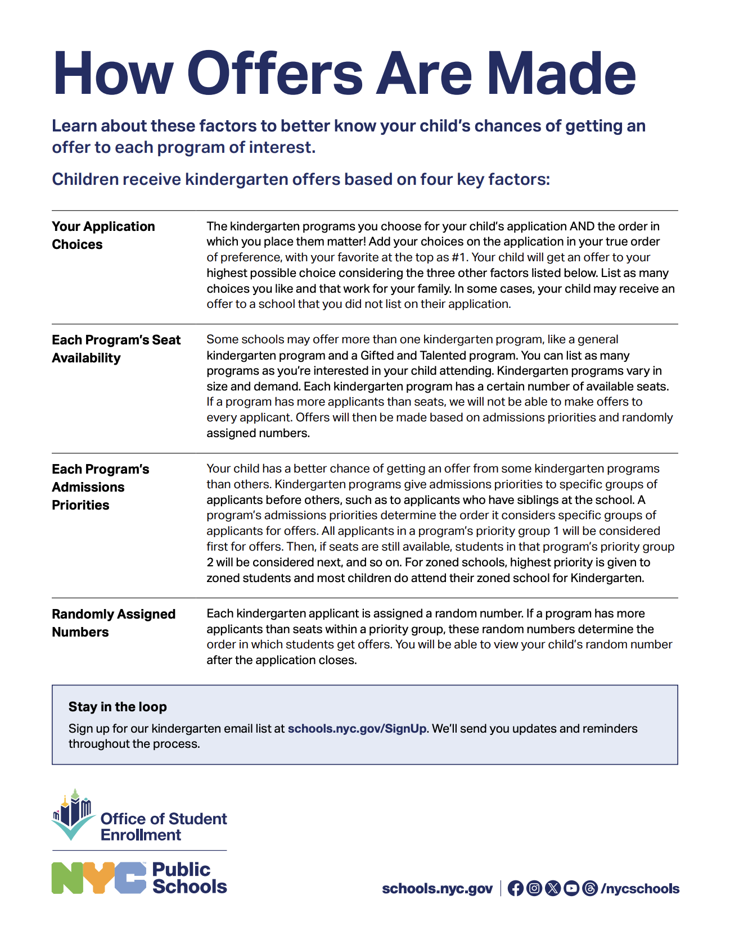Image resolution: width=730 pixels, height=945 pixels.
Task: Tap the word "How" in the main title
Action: click(x=113, y=74)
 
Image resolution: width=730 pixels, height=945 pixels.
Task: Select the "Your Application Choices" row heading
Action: click(x=103, y=235)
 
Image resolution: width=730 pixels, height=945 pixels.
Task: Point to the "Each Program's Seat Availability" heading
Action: click(x=116, y=349)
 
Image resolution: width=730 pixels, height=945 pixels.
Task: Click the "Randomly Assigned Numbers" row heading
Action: click(x=113, y=623)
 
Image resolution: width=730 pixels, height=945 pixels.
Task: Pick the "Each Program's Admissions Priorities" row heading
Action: click(x=100, y=487)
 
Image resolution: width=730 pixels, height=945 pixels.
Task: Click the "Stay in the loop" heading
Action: click(x=118, y=707)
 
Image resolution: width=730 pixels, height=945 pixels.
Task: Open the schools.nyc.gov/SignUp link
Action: click(x=357, y=729)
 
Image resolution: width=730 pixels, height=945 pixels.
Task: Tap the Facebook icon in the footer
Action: click(x=515, y=888)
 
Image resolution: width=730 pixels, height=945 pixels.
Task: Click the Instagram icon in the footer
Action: click(x=534, y=888)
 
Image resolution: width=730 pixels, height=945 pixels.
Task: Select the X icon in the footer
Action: click(x=553, y=888)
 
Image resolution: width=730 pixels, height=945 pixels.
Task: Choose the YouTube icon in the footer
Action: click(x=571, y=888)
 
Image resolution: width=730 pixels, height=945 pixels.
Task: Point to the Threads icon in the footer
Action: click(x=590, y=888)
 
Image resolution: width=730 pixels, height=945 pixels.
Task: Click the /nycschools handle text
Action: click(x=640, y=889)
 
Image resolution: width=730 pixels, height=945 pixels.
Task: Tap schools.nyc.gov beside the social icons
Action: click(x=437, y=889)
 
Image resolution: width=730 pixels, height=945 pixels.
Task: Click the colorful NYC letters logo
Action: click(x=99, y=878)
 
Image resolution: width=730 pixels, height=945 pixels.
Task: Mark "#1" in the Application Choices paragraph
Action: click(x=459, y=257)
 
